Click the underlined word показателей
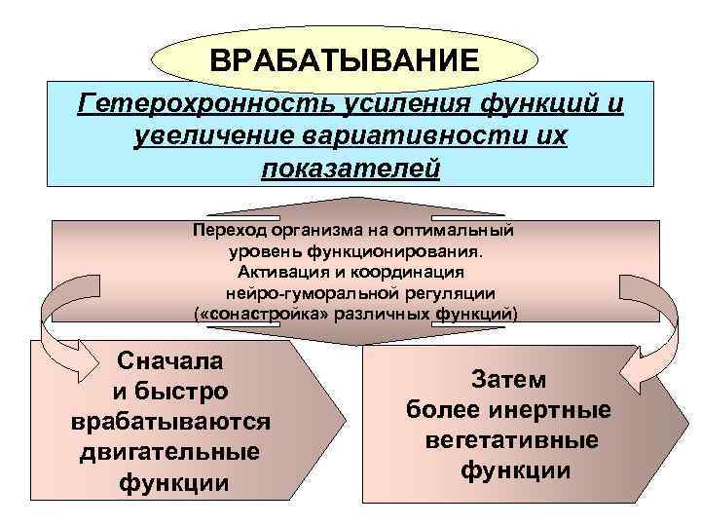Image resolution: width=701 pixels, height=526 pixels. coord(350,169)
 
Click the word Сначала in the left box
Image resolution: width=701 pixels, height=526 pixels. coord(170,360)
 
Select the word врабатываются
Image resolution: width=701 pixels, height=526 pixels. coord(170,422)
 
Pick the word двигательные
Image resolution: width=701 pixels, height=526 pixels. coord(171,452)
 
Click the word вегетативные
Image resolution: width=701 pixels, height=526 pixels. coord(512,440)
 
